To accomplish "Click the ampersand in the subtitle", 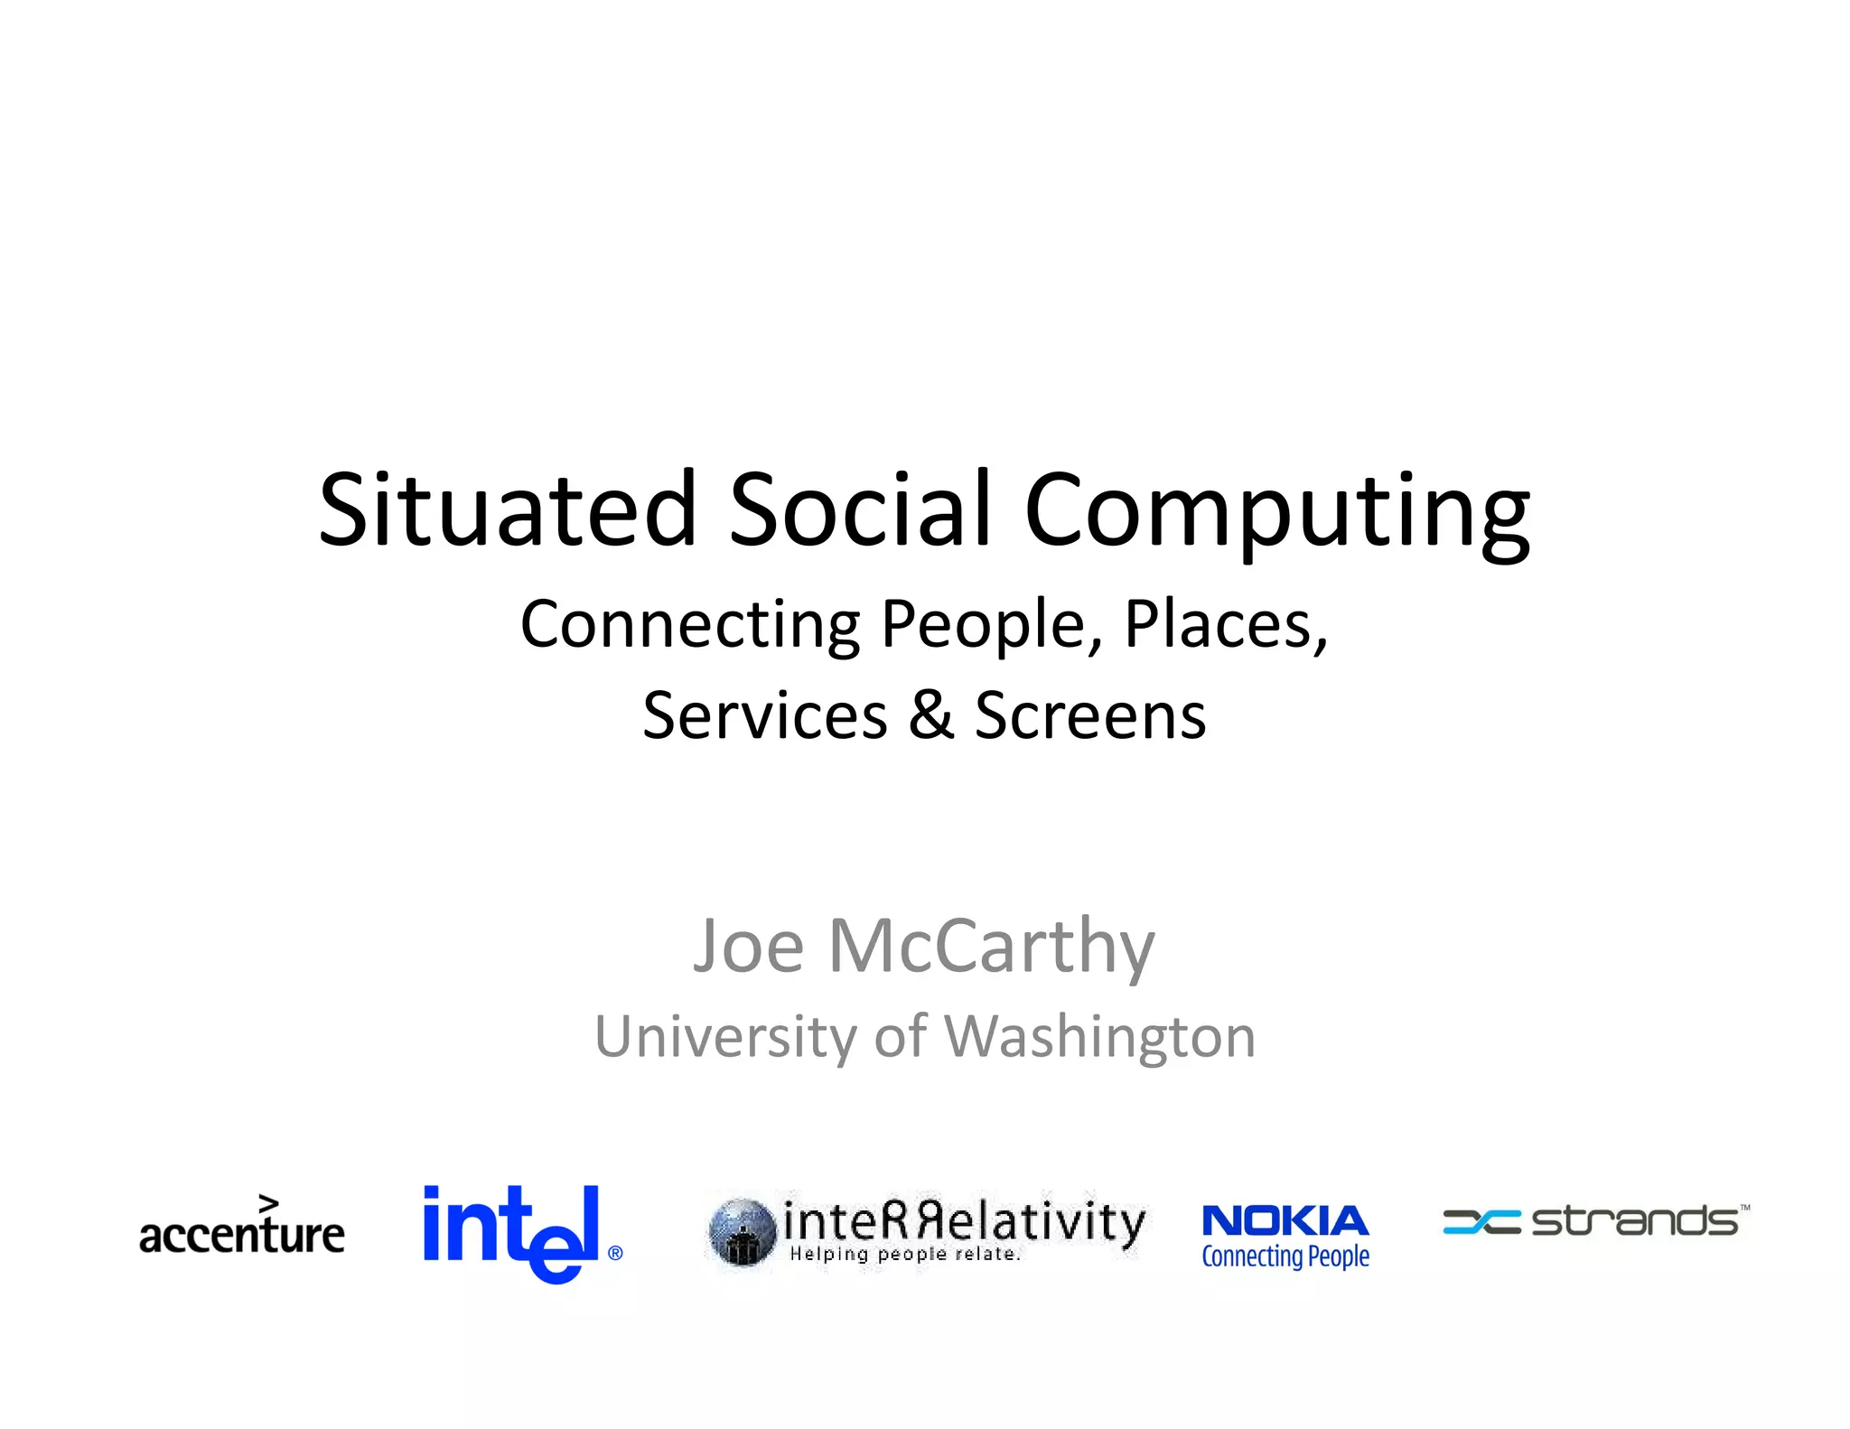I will click(x=931, y=714).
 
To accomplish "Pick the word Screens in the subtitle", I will click(x=1090, y=715).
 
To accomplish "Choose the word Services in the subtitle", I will click(x=765, y=715).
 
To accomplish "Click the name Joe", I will click(x=748, y=946).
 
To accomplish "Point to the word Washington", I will click(x=1099, y=1038).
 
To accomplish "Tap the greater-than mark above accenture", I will click(x=268, y=1203).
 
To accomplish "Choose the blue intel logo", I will click(x=511, y=1231).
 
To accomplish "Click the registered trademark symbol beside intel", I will click(x=615, y=1253).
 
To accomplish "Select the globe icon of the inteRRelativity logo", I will click(x=742, y=1232).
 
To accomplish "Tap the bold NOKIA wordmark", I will click(x=1285, y=1221).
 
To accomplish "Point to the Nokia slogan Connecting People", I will click(x=1285, y=1256).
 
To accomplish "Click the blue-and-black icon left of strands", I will click(x=1481, y=1221).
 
